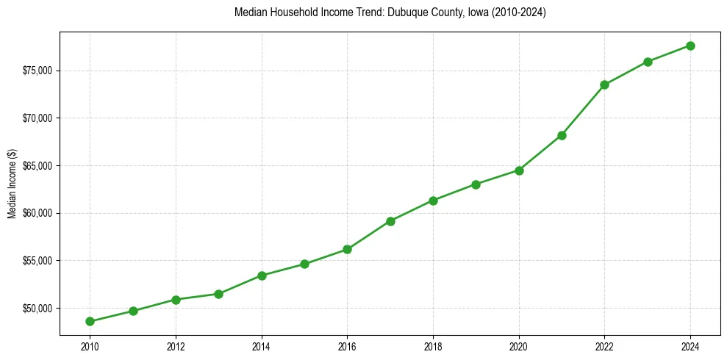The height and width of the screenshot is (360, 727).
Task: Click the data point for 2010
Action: point(90,321)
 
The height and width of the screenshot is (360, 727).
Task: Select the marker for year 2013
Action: point(218,294)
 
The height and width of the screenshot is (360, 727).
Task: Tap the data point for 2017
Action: point(390,221)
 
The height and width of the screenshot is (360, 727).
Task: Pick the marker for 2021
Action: point(562,135)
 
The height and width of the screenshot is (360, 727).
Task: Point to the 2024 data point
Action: point(690,46)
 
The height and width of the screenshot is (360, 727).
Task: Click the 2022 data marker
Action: point(604,84)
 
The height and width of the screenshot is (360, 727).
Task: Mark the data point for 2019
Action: point(476,184)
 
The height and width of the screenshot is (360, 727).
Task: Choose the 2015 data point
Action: point(304,264)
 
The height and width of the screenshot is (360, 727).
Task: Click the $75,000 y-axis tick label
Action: point(37,71)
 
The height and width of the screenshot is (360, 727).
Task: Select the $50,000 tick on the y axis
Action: point(37,308)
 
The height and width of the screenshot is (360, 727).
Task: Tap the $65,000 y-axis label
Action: point(37,166)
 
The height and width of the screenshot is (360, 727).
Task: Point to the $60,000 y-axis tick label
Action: point(37,213)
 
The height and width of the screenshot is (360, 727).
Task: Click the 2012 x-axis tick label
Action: point(176,346)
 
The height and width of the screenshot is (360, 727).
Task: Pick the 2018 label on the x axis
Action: point(433,346)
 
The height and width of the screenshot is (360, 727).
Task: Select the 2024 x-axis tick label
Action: point(690,346)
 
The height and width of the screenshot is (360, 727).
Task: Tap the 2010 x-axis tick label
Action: point(90,346)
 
